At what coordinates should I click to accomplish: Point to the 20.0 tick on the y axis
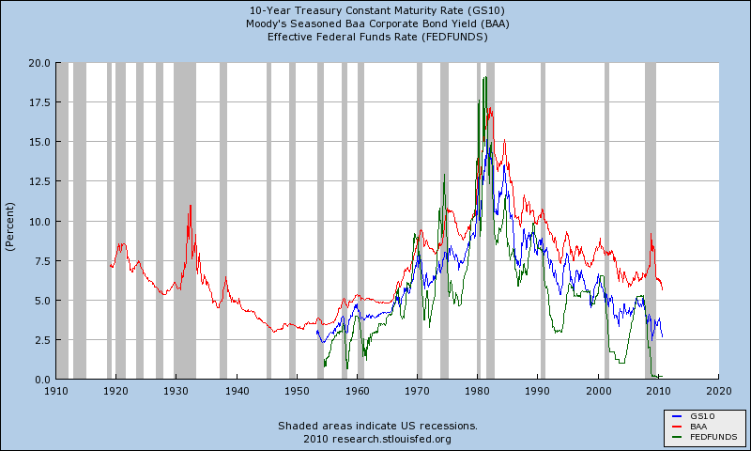pos(39,63)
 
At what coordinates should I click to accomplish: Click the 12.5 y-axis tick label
pos(39,181)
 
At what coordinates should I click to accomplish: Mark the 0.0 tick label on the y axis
pos(42,380)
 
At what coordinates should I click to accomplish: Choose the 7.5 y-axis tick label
pos(42,260)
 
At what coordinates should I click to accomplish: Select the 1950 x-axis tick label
pos(297,390)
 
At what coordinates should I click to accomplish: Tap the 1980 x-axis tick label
pos(478,390)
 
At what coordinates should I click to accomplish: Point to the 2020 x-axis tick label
pos(719,390)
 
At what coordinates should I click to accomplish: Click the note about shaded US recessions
pos(377,426)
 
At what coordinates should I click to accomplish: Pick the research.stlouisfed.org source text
pos(377,438)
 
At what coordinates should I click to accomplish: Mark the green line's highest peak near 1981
pos(484,78)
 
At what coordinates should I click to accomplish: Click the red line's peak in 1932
pos(191,206)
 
